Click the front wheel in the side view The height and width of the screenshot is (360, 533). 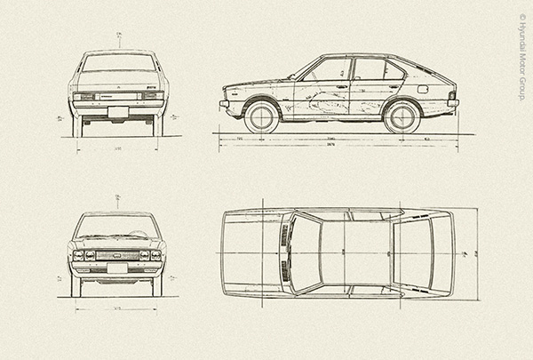click(x=263, y=116)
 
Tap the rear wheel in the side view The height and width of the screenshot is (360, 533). click(x=402, y=116)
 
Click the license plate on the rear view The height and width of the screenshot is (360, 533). click(x=118, y=111)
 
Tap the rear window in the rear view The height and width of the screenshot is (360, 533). click(x=118, y=63)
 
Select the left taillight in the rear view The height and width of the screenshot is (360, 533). click(x=84, y=96)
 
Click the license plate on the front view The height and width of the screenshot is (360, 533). click(x=118, y=267)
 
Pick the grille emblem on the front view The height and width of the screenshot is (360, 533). click(x=118, y=255)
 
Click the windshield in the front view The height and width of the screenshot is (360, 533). click(x=118, y=227)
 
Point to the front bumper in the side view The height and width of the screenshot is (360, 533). click(x=224, y=103)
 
